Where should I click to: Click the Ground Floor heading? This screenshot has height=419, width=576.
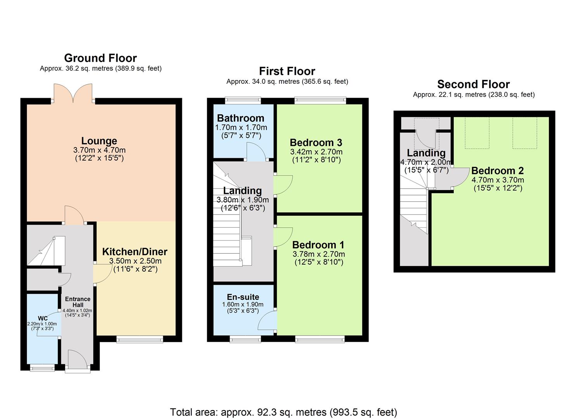[x=100, y=58]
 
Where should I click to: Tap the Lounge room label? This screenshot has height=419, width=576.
[x=99, y=141]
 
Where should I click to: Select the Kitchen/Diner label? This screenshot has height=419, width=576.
[x=135, y=251]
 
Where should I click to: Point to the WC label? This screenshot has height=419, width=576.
[x=42, y=319]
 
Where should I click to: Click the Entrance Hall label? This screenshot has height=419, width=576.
[x=78, y=302]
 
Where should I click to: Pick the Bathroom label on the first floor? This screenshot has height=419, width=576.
[x=240, y=118]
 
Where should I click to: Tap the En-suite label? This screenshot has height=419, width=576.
[x=243, y=297]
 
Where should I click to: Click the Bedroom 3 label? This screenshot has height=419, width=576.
[x=316, y=142]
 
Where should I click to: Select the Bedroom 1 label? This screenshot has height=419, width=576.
[x=318, y=244]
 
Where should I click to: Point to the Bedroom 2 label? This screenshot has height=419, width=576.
[x=497, y=171]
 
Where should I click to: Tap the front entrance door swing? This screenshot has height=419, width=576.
[x=78, y=361]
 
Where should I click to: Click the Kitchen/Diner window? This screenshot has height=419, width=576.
[x=140, y=339]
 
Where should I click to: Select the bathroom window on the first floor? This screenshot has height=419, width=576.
[x=243, y=100]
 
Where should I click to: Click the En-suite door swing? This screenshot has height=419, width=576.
[x=267, y=320]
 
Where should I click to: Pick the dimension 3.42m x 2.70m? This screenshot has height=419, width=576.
[x=316, y=152]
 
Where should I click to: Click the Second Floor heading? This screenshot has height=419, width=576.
[x=473, y=84]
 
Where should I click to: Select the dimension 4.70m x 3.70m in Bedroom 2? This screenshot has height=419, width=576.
[x=498, y=180]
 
